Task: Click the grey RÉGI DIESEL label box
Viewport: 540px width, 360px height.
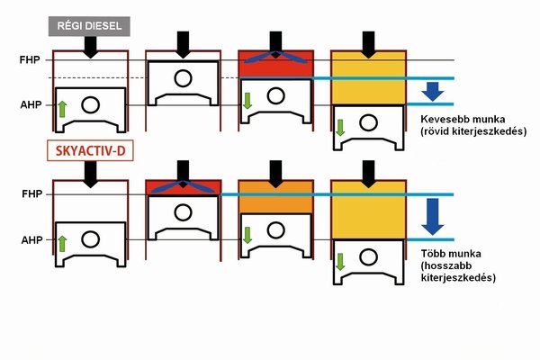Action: coord(90,26)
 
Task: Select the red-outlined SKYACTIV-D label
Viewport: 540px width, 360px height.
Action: coord(89,151)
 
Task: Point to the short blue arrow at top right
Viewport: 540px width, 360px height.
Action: coord(432,91)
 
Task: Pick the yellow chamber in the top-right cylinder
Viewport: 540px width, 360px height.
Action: coord(366,77)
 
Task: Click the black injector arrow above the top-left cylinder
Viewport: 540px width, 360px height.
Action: coord(90,48)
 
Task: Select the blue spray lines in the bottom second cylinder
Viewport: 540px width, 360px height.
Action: coord(183,187)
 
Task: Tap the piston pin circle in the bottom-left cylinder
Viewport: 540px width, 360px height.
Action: coord(90,238)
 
